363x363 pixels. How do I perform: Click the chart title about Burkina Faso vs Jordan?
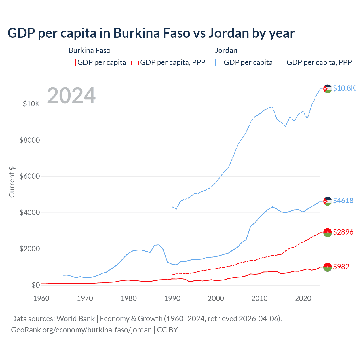[151, 33]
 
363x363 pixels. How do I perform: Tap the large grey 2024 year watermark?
[71, 96]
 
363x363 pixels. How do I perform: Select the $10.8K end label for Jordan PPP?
[344, 88]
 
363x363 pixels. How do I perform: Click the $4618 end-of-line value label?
[343, 201]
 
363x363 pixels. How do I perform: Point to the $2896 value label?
[343, 232]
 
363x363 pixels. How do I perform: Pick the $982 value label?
[341, 267]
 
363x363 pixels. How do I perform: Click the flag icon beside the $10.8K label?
[328, 88]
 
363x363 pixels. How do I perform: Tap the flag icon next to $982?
[328, 267]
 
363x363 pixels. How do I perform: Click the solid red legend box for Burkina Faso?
[72, 62]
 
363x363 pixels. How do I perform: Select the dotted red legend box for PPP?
[135, 62]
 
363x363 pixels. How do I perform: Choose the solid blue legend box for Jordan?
[219, 62]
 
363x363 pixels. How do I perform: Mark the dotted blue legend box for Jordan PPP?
[282, 62]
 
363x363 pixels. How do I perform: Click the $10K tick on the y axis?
[31, 104]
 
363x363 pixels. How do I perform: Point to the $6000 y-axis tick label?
[29, 176]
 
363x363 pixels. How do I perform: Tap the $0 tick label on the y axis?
[35, 285]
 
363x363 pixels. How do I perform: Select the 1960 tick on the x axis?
[41, 298]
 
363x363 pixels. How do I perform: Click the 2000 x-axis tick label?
[216, 298]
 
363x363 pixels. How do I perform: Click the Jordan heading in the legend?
[226, 50]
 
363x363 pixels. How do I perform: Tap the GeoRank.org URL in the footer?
[81, 330]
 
